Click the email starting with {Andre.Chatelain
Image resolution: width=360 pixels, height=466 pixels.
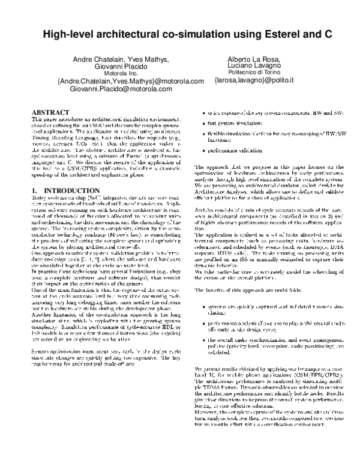[130, 81]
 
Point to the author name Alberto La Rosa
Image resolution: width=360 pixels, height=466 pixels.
[254, 60]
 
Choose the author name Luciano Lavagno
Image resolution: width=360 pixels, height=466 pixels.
[254, 67]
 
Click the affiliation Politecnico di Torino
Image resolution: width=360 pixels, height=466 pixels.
[254, 73]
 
